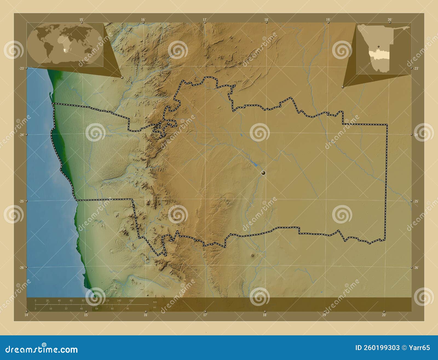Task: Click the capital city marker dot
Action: coord(263,173)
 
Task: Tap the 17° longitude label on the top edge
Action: coord(204,19)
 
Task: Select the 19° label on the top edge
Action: coord(328,19)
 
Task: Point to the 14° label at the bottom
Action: coord(26,315)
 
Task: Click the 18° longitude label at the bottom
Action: coord(264,315)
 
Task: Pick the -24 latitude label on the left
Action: coord(21,135)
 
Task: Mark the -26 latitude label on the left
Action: coord(21,268)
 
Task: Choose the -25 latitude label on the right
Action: coord(416,201)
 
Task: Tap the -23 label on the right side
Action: coord(416,68)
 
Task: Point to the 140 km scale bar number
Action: coord(119,301)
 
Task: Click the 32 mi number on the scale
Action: coord(66,308)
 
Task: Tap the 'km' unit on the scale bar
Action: coord(155,302)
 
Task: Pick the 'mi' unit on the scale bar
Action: coord(154,307)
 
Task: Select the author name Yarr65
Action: coord(420,348)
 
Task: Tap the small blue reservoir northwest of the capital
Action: coord(255,165)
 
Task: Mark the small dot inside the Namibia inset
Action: coord(378,46)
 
